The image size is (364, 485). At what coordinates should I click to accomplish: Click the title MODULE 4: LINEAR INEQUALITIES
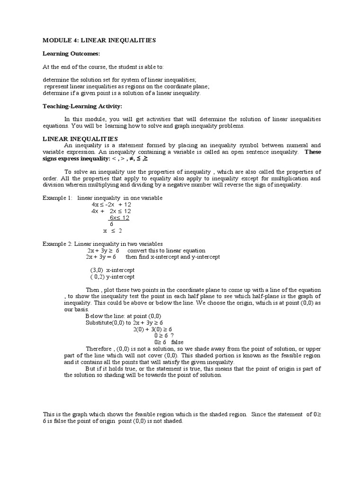tap(99, 41)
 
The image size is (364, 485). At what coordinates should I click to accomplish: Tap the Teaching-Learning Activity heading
tap(82, 106)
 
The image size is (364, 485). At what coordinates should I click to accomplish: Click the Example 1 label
tap(58, 198)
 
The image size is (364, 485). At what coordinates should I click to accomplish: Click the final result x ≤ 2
tap(113, 231)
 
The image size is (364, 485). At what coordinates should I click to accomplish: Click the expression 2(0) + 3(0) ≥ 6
tap(153, 329)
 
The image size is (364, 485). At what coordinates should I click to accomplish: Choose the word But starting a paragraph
tap(90, 368)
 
